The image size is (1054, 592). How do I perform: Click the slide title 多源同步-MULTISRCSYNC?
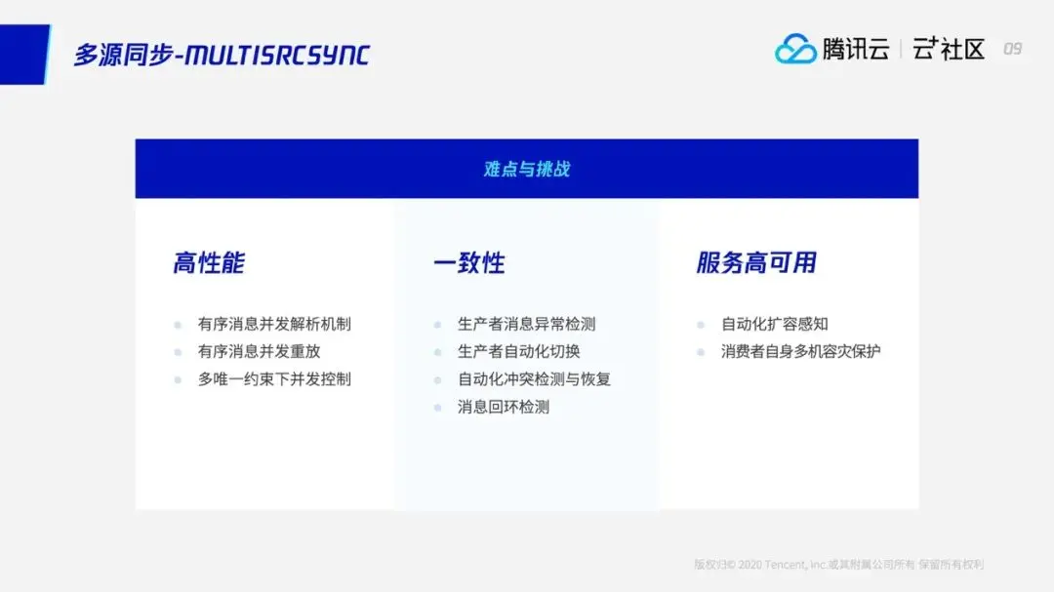222,55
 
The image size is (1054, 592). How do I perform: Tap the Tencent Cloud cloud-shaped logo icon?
795,49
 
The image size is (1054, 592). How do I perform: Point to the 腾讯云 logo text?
857,49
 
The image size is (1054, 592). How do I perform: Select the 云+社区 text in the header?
949,49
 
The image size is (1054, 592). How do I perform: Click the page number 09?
1012,49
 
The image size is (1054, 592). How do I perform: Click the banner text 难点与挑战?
527,169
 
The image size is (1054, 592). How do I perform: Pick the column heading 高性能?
209,262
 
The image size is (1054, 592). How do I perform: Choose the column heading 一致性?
469,262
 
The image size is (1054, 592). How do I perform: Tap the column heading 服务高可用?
756,262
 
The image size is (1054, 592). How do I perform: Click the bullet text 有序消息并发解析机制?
274,324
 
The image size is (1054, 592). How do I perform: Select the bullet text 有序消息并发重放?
259,351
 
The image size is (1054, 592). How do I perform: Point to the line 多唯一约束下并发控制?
274,379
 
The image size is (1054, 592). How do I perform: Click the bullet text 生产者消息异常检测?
526,324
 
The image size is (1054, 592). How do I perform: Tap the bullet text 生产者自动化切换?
519,351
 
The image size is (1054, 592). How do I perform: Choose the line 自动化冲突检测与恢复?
535,379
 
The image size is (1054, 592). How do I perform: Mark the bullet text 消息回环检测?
504,407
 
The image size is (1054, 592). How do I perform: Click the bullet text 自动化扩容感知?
774,324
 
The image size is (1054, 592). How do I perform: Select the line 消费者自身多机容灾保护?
800,351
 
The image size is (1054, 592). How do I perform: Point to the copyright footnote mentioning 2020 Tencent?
839,565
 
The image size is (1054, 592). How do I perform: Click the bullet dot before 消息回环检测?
437,408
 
